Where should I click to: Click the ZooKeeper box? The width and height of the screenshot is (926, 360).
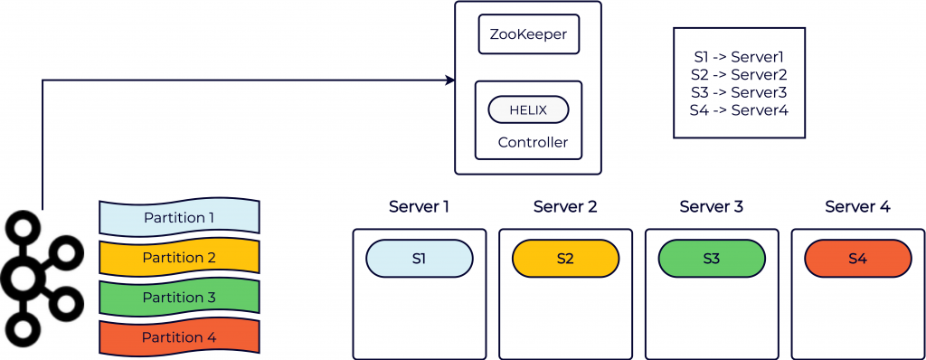click(x=528, y=36)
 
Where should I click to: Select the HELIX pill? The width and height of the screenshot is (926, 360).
click(x=528, y=109)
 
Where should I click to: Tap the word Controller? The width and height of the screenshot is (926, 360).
click(x=533, y=142)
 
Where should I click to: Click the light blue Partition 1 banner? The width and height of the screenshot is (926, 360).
click(x=179, y=217)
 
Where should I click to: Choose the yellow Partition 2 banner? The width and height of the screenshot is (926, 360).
click(x=179, y=258)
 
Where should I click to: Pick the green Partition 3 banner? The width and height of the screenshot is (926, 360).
click(x=179, y=298)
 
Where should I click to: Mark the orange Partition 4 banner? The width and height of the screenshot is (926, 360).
click(x=179, y=337)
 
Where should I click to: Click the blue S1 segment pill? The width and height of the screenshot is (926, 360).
click(x=419, y=259)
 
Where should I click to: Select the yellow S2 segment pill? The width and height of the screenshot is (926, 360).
click(x=565, y=259)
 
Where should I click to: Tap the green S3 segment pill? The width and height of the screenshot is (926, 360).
click(x=711, y=259)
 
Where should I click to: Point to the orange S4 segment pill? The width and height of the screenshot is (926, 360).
click(x=857, y=259)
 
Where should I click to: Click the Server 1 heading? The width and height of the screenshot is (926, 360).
click(x=419, y=207)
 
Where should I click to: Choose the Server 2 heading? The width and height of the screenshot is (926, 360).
click(x=565, y=207)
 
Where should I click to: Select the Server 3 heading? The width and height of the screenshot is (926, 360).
click(x=711, y=207)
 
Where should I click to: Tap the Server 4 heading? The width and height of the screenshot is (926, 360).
click(x=857, y=207)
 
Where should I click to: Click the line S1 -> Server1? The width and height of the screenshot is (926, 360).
click(x=739, y=56)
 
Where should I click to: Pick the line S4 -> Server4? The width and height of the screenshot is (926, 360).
click(x=739, y=110)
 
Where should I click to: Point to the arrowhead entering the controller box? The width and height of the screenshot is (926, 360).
click(x=449, y=81)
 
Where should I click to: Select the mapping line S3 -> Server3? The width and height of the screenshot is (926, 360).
click(x=739, y=92)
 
